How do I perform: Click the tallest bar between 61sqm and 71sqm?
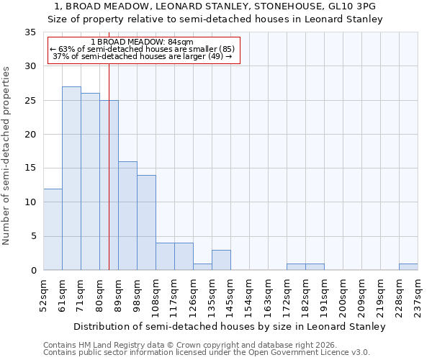pyautogui.click(x=71, y=179)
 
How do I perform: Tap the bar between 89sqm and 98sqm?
pyautogui.click(x=127, y=216)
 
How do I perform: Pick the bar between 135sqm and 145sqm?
pyautogui.click(x=221, y=260)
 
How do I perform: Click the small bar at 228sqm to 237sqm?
pyautogui.click(x=408, y=267)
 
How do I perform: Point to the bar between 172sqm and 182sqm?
pyautogui.click(x=296, y=267)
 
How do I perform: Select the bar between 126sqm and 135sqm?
pyautogui.click(x=202, y=267)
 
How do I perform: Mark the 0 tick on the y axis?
pyautogui.click(x=32, y=271)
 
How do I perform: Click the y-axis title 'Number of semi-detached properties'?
pyautogui.click(x=7, y=156)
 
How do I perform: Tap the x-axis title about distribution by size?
pyautogui.click(x=230, y=326)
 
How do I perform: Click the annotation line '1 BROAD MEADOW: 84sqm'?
pyautogui.click(x=143, y=42)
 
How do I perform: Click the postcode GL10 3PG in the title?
pyautogui.click(x=355, y=6)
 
